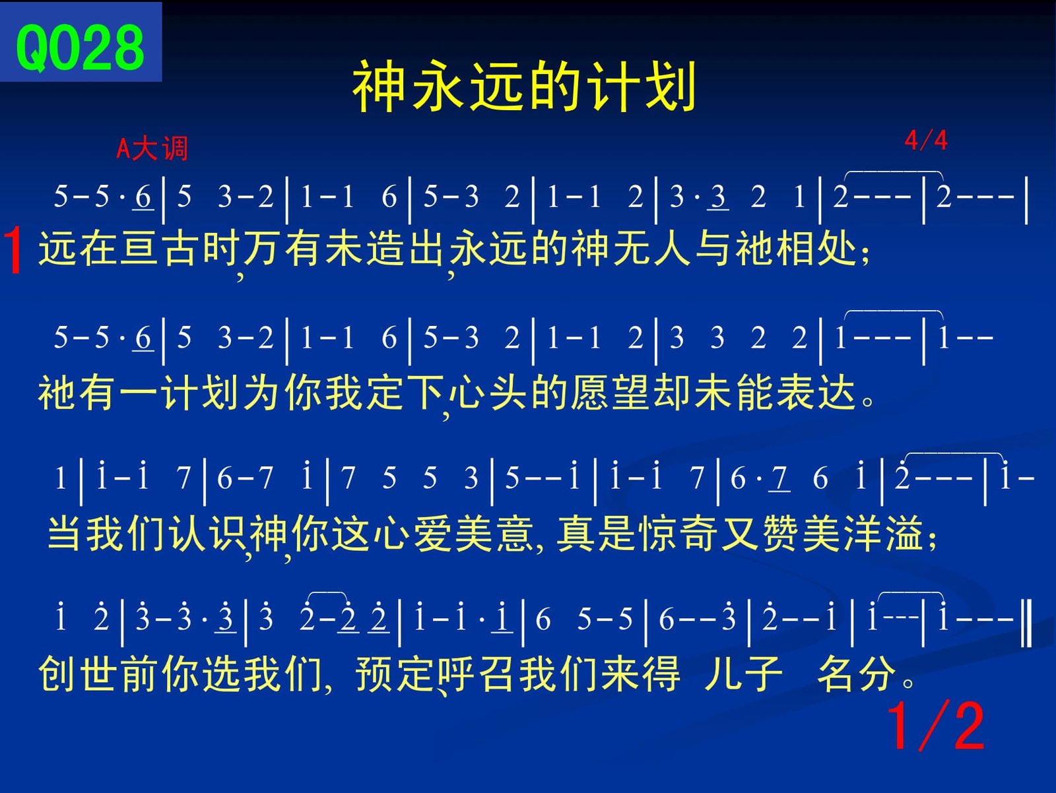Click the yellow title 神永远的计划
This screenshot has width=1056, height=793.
pyautogui.click(x=525, y=86)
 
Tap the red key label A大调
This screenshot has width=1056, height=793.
pyautogui.click(x=152, y=148)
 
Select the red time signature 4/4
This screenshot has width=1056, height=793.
pyautogui.click(x=926, y=141)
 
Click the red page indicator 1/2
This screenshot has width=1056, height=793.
pyautogui.click(x=936, y=726)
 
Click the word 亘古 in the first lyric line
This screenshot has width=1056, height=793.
pyautogui.click(x=140, y=248)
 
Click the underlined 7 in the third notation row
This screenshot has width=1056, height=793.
pyautogui.click(x=779, y=479)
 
